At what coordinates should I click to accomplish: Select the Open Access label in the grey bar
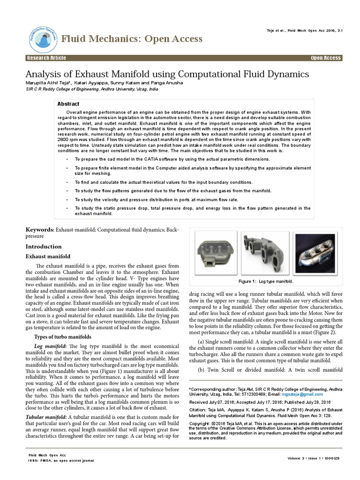[x=325, y=58]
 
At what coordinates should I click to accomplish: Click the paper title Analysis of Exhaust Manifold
[x=167, y=74]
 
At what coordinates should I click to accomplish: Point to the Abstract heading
[x=68, y=104]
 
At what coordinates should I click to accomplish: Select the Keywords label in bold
[x=40, y=230]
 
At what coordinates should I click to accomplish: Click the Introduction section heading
[x=43, y=247]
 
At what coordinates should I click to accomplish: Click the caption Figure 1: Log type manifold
[x=265, y=281]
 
